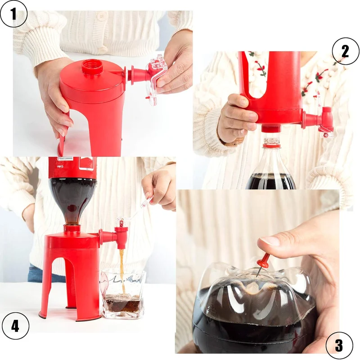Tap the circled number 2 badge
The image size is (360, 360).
[x=345, y=51]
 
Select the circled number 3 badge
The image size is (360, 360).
[x=338, y=345]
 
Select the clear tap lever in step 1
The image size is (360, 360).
[x=155, y=76]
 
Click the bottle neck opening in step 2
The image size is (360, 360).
[x=272, y=143]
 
